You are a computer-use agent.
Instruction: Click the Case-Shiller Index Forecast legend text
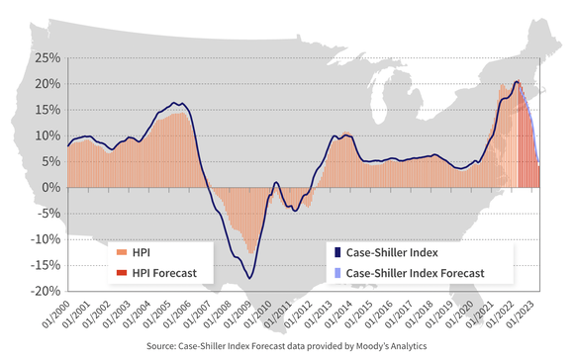[416, 272]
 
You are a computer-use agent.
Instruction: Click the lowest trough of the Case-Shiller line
[250, 278]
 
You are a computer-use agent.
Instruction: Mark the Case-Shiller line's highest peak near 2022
[517, 81]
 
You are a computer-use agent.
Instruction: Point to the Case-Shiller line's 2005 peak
[175, 103]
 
